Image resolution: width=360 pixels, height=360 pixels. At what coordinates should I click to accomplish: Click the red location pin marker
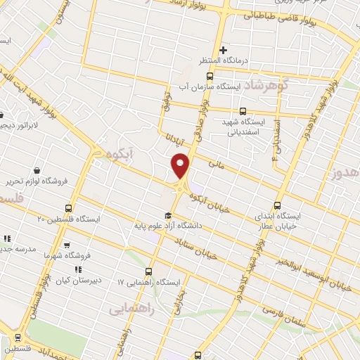(x=181, y=165)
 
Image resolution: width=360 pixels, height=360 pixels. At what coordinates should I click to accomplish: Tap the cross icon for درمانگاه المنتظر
(x=223, y=50)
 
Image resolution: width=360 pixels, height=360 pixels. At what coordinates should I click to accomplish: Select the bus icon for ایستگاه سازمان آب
(x=209, y=75)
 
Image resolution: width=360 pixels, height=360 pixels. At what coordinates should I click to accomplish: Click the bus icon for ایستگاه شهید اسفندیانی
(x=243, y=111)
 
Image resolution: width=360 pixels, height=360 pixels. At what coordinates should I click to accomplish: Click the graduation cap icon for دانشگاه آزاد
(x=168, y=215)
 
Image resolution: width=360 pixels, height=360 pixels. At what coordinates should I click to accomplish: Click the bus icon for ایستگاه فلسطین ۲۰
(x=68, y=208)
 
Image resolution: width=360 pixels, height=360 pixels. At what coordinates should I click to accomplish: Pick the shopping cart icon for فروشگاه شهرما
(x=67, y=245)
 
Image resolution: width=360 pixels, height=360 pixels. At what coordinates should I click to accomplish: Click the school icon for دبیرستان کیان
(x=77, y=269)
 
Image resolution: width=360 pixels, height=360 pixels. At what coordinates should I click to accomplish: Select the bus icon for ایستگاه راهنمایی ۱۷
(x=148, y=271)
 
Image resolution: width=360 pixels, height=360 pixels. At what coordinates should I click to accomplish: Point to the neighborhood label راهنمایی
(x=131, y=308)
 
